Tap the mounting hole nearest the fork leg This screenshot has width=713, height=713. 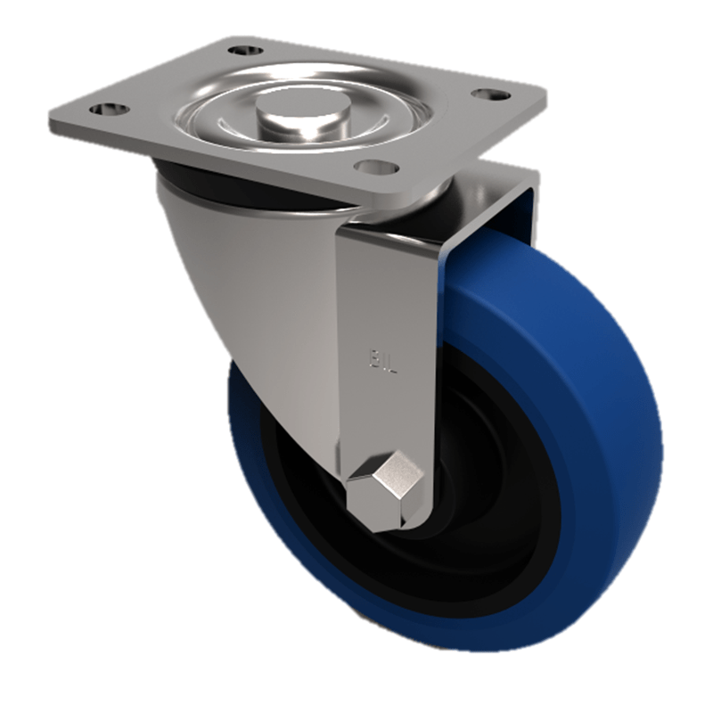(x=373, y=166)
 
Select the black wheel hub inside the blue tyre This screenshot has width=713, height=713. (x=481, y=499)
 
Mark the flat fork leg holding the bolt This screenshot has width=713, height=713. (x=388, y=294)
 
